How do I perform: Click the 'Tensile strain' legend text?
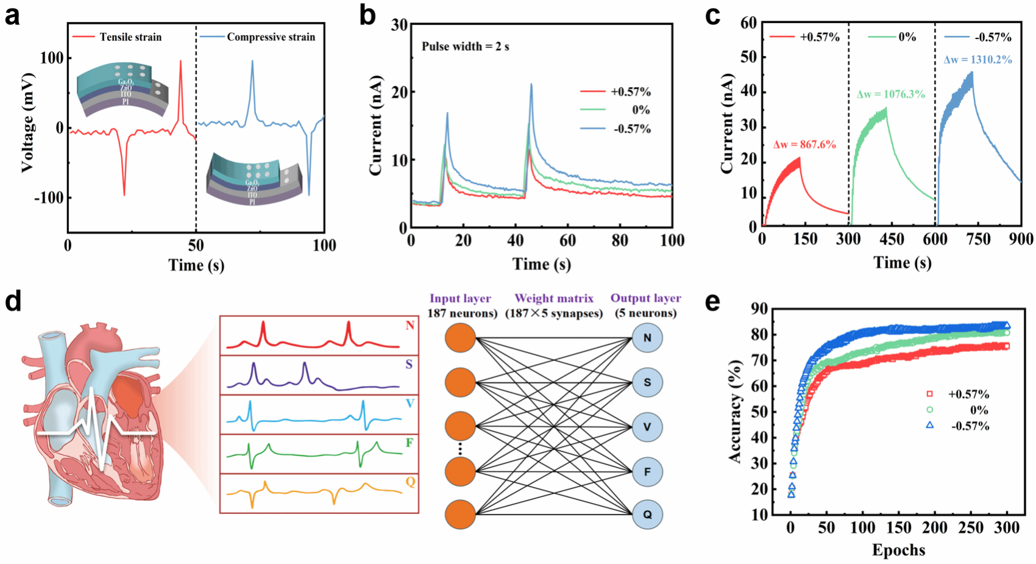point(130,37)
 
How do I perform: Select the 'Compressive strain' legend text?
point(271,37)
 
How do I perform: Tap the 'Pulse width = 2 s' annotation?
point(466,47)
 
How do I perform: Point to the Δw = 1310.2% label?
point(977,60)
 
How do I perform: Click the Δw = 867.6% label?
point(804,145)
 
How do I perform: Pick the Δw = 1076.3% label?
point(891,95)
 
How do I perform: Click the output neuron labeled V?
point(647,427)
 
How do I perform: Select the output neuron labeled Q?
point(647,515)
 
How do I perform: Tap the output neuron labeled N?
point(647,338)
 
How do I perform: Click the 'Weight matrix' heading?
point(553,299)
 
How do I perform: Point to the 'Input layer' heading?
point(460,299)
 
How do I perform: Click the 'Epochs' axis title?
point(898,550)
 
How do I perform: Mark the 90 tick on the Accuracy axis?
point(759,309)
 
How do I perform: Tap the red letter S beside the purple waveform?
point(409,365)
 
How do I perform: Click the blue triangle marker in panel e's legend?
point(929,425)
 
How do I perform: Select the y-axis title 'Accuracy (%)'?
point(736,412)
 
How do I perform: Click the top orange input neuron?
point(460,338)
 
